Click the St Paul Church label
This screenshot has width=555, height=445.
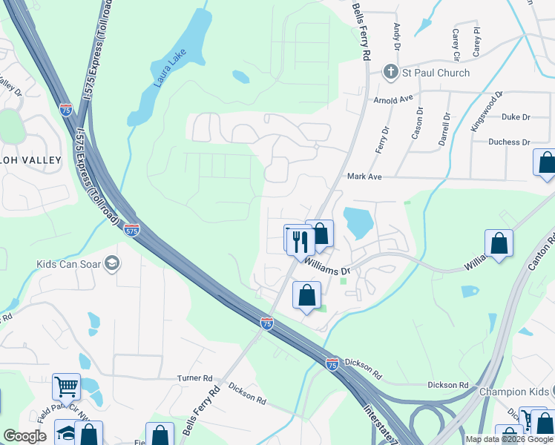point(436,73)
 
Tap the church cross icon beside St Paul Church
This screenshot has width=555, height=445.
point(390,72)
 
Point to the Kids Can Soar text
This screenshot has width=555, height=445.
point(69,264)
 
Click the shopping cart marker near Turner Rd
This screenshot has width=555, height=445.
point(66,386)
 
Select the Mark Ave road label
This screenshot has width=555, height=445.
point(364,177)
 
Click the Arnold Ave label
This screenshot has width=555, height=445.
point(393,99)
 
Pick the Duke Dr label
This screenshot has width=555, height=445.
point(516,117)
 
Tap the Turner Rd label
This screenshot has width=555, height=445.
point(194,378)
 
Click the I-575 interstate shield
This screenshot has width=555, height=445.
point(131,231)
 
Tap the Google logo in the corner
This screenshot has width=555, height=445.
point(24,436)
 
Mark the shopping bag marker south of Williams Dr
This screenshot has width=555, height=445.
point(306,296)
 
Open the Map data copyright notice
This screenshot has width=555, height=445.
point(509,439)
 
